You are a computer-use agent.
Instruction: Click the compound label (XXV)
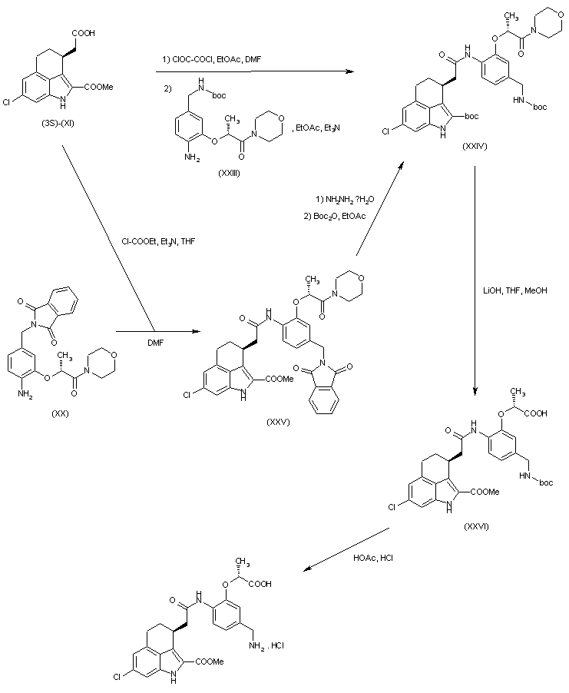(x=277, y=422)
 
